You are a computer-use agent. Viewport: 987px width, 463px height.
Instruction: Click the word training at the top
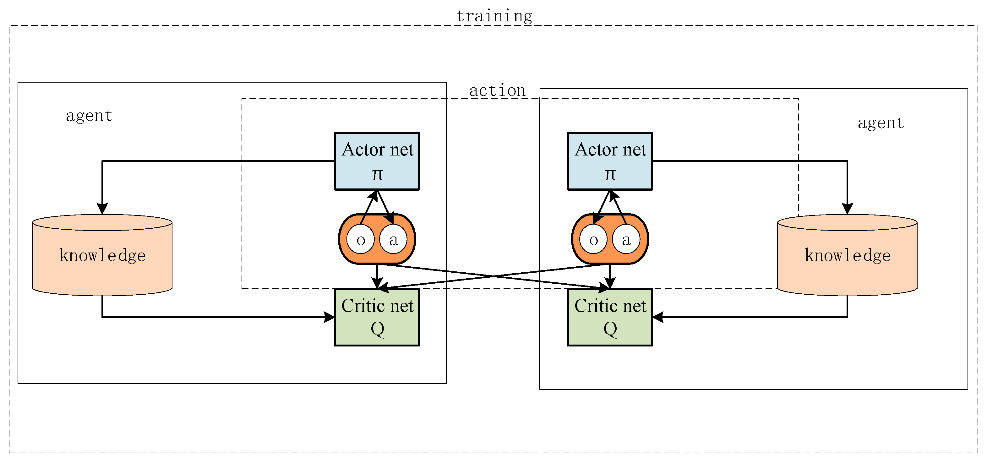(x=494, y=16)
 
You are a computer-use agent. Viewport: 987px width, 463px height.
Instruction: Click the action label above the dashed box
(x=497, y=90)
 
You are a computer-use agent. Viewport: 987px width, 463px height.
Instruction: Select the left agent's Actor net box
(x=377, y=161)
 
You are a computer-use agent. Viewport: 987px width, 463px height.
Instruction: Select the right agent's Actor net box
(x=610, y=161)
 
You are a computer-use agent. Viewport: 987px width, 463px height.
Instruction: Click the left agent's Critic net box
(x=377, y=317)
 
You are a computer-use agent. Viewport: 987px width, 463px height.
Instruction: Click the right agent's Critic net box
(x=610, y=317)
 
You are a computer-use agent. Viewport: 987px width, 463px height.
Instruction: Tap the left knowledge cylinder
(x=102, y=255)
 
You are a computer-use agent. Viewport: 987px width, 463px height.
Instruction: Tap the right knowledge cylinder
(x=847, y=255)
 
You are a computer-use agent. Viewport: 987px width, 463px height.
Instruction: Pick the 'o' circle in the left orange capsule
(x=361, y=240)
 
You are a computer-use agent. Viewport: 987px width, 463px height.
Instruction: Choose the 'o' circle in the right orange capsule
(x=593, y=240)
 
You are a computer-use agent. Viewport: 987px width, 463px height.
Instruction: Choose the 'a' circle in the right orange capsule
(x=626, y=240)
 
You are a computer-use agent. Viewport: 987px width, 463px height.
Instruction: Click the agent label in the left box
(x=89, y=115)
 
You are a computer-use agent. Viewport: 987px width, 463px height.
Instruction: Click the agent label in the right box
(x=881, y=123)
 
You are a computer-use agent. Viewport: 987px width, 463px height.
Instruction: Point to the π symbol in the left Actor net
(x=377, y=174)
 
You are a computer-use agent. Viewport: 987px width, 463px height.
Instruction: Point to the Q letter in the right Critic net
(x=610, y=329)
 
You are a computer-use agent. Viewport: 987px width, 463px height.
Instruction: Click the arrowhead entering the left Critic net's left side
(x=329, y=317)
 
